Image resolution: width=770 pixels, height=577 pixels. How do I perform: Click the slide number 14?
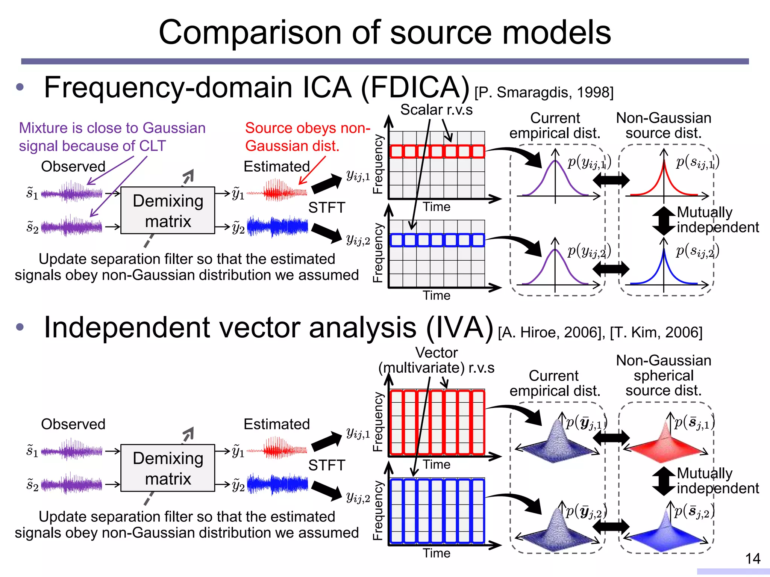pos(753,559)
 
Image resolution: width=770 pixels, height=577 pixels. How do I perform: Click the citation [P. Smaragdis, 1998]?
pos(544,92)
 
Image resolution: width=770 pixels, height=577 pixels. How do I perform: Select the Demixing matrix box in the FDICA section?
pos(168,211)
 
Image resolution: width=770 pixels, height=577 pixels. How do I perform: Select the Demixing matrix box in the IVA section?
pos(168,468)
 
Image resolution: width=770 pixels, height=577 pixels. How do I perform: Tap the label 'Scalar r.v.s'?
pos(436,110)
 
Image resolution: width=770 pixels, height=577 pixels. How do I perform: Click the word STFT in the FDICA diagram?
pos(326,208)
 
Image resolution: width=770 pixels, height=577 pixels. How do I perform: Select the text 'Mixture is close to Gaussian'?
pos(112,128)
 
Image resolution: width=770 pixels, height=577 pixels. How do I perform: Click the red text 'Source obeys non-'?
pos(308,128)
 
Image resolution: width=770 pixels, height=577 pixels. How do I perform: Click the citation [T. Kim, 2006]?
pos(656,332)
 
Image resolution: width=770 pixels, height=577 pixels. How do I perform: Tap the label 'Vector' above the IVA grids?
pos(436,353)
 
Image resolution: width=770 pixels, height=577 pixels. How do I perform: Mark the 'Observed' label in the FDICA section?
pos(73,166)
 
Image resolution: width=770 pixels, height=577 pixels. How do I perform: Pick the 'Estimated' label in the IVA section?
pos(276,424)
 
